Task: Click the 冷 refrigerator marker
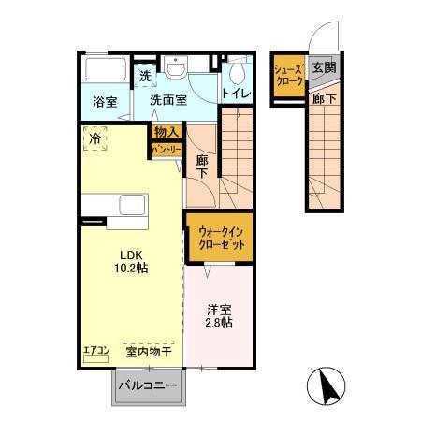click(x=95, y=138)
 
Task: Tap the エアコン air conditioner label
click(x=96, y=352)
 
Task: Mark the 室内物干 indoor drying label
click(x=149, y=352)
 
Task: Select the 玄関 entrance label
click(x=323, y=67)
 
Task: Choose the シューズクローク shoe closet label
click(x=286, y=75)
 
